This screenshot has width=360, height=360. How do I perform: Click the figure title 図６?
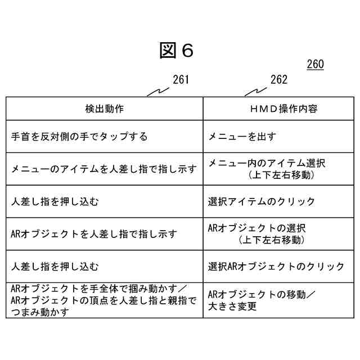[176, 51]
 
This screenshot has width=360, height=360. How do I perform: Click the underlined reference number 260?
[315, 65]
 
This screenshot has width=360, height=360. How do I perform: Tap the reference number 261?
[181, 80]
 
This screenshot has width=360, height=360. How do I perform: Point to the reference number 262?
[279, 80]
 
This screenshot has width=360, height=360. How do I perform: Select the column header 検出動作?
[105, 109]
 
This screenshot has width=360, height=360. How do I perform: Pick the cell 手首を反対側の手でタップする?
[79, 136]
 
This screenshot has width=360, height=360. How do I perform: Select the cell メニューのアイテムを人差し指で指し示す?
[104, 169]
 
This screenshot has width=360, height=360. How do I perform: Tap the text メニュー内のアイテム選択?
[267, 163]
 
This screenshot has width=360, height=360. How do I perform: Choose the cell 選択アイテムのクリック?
[262, 201]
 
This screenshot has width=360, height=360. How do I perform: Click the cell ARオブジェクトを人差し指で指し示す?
[94, 233]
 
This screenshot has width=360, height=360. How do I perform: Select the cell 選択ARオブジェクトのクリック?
[276, 266]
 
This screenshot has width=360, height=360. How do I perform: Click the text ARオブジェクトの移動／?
[262, 294]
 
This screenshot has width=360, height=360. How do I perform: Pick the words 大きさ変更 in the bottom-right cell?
[232, 307]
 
